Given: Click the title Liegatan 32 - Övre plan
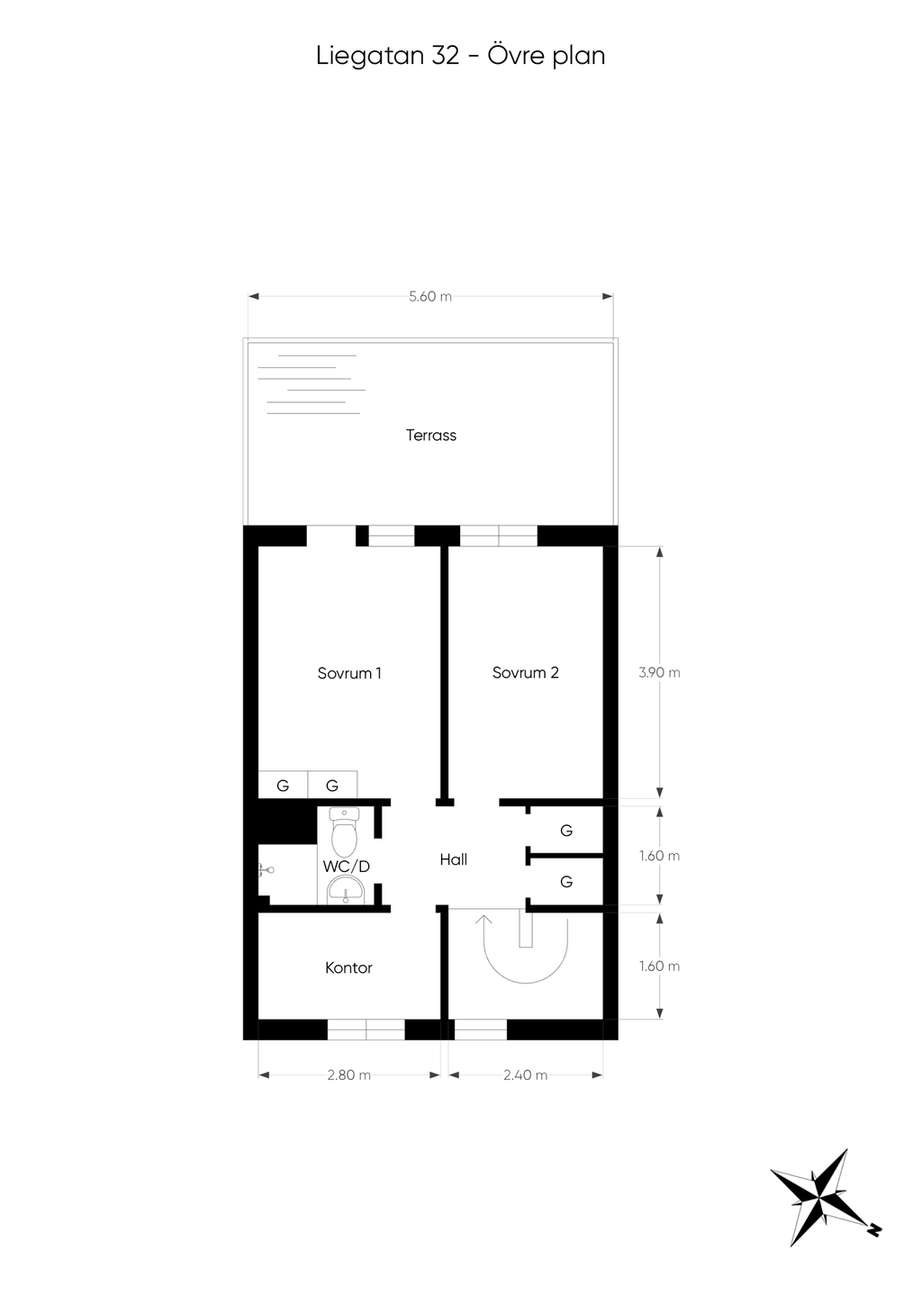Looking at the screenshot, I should (460, 56).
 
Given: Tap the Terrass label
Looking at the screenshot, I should (431, 436).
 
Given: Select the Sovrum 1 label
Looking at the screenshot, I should (349, 673).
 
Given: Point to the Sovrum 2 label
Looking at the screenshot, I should (525, 673).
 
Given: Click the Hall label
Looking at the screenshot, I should (453, 860).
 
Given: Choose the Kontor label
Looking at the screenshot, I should (348, 968).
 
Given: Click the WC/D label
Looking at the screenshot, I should (347, 867).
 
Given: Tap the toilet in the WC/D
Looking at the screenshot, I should (344, 832).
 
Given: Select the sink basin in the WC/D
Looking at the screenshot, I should (345, 890).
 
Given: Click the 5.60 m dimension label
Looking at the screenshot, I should (430, 296).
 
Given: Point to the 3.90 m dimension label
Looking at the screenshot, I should (659, 672).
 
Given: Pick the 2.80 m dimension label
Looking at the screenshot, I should (348, 1075).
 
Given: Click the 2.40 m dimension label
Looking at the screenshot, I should (525, 1075).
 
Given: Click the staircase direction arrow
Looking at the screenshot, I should (484, 922).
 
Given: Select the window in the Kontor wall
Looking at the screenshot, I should (366, 1030).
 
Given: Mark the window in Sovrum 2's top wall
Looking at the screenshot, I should (498, 537).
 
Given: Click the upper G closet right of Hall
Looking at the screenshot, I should (566, 831).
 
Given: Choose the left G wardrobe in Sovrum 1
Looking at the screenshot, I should (283, 786).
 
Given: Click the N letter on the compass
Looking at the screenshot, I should (874, 1229).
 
